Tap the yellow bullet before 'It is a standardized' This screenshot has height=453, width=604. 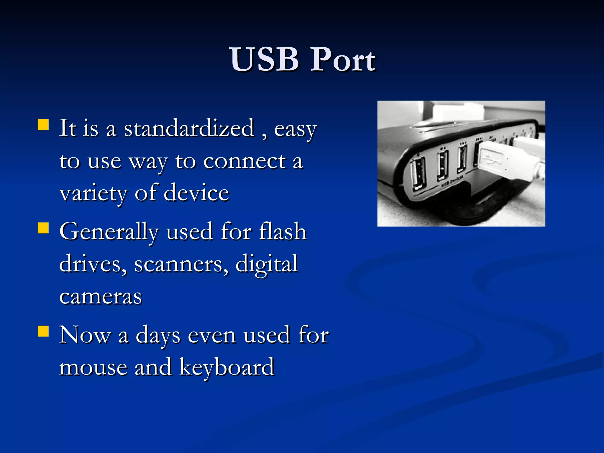point(43,124)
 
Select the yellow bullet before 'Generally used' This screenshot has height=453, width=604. point(43,228)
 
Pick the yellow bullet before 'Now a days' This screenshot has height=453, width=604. point(43,331)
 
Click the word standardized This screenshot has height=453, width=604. point(189,128)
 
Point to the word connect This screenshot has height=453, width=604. point(244,161)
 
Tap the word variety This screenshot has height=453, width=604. point(93,194)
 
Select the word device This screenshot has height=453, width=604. point(196,193)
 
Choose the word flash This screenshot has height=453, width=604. point(283,232)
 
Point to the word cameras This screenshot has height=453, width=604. point(101,297)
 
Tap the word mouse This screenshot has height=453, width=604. point(93,367)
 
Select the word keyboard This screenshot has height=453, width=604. point(227,367)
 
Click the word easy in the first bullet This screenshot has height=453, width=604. point(295,129)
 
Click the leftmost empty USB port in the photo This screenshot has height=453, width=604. point(419,174)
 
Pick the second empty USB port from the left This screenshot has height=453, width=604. point(442,165)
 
